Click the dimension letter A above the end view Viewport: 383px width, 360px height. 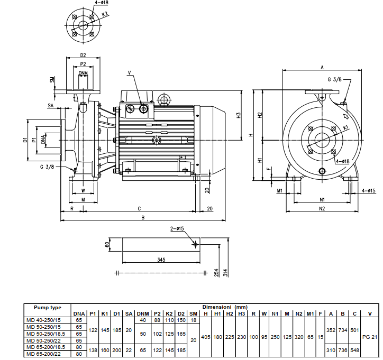tap(322, 67)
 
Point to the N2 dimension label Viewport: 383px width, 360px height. tap(322, 209)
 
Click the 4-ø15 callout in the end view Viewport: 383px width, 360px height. tap(368, 190)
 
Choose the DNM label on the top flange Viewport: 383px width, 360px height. tap(83, 73)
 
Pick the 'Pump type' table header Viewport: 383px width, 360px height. tap(47, 307)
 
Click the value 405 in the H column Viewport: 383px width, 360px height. tap(206, 337)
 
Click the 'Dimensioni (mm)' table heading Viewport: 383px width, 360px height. tap(225, 307)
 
